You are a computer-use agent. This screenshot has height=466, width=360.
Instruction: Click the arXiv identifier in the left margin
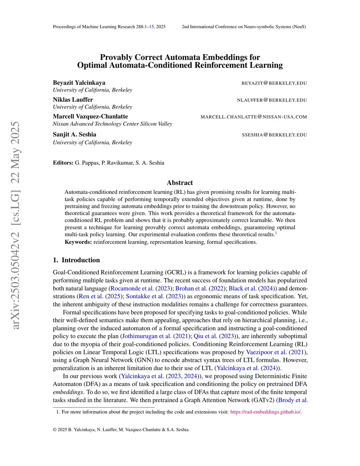pos(15,225)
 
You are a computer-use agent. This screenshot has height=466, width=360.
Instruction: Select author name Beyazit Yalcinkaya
pos(79,83)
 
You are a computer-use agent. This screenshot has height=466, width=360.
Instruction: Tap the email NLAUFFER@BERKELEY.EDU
pos(272,100)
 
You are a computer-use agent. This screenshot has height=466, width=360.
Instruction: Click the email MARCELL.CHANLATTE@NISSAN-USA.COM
pos(253,117)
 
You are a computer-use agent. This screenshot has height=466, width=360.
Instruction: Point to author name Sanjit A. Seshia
pos(75,134)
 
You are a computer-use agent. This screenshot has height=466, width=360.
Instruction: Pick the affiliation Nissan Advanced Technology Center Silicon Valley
pos(112,124)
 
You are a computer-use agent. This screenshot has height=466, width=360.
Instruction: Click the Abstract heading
pos(180,183)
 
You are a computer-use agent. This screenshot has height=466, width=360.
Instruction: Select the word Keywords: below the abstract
pos(78,242)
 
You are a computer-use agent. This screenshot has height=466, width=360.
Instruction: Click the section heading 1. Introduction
pos(76,260)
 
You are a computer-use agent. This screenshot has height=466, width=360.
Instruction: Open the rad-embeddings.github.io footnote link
pos(265,412)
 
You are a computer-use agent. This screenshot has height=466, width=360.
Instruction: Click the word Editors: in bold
pos(63,163)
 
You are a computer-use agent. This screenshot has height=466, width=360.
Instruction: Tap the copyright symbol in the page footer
pos(55,429)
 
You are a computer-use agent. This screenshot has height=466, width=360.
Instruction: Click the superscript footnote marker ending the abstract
pos(276,233)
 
